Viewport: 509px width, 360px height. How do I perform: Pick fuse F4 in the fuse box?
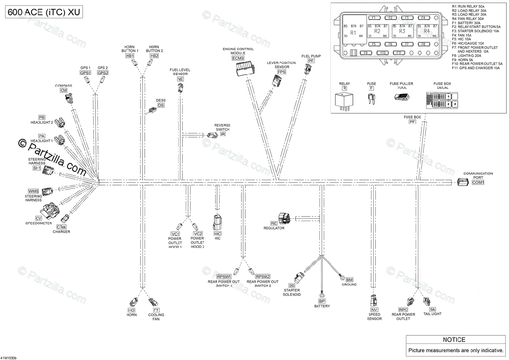[x=422, y=18]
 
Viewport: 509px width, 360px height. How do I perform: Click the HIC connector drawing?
[x=217, y=222]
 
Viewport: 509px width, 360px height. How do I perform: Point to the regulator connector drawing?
[x=284, y=218]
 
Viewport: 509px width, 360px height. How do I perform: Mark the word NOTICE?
[x=454, y=340]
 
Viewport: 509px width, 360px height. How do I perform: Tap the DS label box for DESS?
[x=161, y=105]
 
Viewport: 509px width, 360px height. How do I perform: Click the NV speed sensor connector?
[x=374, y=300]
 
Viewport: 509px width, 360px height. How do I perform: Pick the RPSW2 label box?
[x=263, y=276]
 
